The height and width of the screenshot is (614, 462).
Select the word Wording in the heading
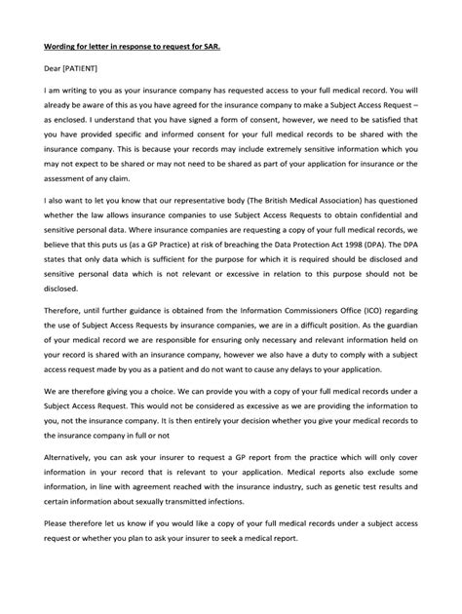tap(61, 42)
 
